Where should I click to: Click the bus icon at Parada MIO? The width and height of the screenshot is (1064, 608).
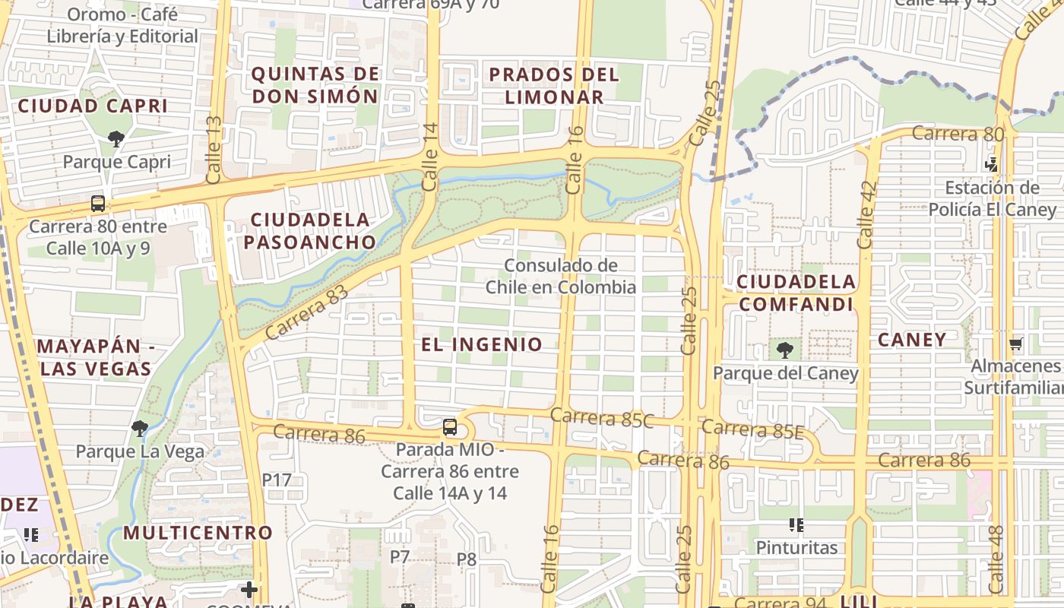[450, 427]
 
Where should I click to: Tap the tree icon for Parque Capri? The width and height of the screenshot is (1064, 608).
[116, 139]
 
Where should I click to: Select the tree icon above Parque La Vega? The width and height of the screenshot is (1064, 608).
[139, 429]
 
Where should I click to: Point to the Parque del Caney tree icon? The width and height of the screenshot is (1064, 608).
[785, 350]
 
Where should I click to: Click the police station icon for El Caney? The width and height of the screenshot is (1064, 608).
[991, 163]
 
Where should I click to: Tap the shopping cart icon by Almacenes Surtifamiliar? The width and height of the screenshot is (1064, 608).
[1015, 344]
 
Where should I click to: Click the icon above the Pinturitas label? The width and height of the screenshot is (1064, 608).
[796, 524]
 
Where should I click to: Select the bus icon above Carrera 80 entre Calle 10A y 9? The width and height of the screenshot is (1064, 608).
[98, 204]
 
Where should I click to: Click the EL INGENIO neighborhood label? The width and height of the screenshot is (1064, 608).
[482, 344]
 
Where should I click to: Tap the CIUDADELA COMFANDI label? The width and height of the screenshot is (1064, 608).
[796, 293]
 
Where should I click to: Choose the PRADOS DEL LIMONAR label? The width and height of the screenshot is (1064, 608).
[554, 86]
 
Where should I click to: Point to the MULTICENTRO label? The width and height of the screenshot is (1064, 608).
[198, 533]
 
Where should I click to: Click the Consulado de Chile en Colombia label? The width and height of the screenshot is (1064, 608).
[561, 277]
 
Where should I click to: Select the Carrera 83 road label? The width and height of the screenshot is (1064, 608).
[306, 312]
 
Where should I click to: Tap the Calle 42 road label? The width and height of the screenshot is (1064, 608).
[866, 214]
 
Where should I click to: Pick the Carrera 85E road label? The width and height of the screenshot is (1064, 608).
[752, 429]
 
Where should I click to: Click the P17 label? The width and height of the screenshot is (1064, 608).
[277, 480]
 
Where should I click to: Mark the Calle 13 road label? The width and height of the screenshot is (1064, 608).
[214, 150]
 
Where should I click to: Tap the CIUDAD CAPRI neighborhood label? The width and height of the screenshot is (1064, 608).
[93, 106]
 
